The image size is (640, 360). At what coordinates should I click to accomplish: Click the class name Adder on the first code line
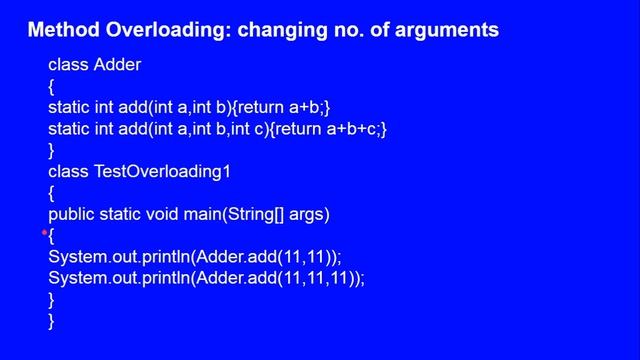[x=117, y=66]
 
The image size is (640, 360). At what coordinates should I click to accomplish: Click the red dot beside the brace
[x=45, y=232]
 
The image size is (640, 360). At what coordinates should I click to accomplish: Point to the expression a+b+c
[x=354, y=129]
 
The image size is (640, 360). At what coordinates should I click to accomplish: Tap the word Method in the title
[x=61, y=31]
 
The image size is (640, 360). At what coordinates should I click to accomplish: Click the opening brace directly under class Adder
[x=51, y=87]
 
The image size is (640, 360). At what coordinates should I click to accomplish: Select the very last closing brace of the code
[x=51, y=320]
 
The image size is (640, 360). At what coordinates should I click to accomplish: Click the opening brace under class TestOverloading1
[x=51, y=192]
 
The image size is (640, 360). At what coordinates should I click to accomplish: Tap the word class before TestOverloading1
[x=68, y=171]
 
